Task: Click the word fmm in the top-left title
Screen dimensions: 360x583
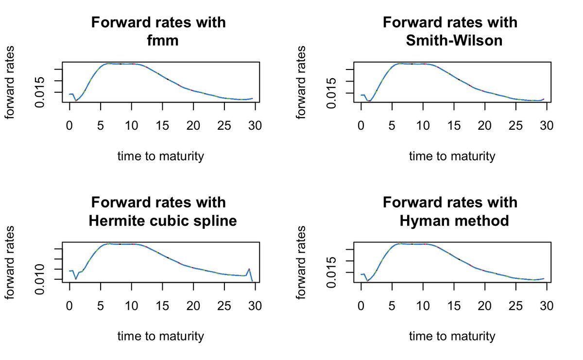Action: pos(163,41)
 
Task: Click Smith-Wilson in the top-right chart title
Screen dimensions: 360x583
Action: pos(454,41)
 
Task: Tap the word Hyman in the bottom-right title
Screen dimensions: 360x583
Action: pos(422,222)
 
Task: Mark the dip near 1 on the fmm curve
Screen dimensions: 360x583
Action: pos(76,101)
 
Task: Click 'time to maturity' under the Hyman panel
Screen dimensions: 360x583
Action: pos(452,336)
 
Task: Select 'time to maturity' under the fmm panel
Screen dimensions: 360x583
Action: pos(160,156)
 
